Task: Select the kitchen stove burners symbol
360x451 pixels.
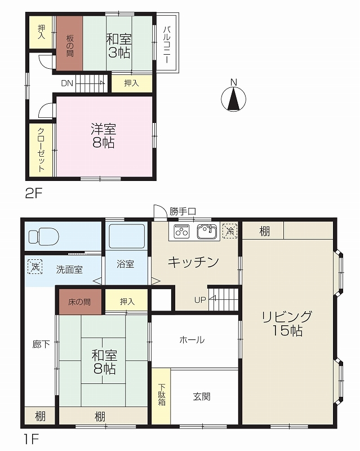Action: [x=181, y=231]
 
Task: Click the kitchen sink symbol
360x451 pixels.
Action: [x=206, y=231]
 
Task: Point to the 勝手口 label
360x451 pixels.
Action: [x=182, y=211]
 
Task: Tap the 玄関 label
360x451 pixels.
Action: [x=202, y=396]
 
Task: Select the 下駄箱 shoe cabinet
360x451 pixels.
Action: [x=161, y=395]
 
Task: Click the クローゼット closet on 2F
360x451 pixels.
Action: [x=41, y=149]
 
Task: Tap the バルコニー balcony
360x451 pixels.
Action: [x=167, y=42]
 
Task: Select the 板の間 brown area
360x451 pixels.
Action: [x=69, y=43]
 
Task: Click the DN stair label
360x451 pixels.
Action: [x=66, y=83]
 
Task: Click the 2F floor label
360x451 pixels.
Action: [x=33, y=193]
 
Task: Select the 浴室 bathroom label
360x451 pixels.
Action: [x=126, y=264]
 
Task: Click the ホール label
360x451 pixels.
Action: [x=192, y=340]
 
